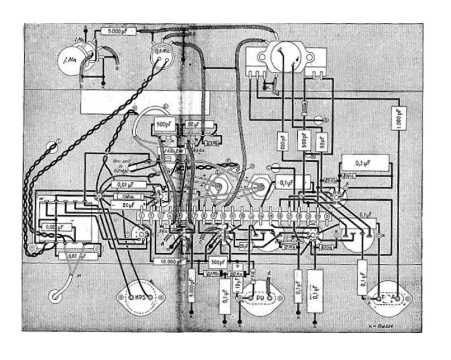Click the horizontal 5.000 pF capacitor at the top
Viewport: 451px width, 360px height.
[119, 31]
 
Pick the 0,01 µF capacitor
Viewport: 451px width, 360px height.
[128, 184]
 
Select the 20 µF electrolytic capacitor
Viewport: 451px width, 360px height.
[128, 205]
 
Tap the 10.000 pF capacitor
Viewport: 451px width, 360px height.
[170, 261]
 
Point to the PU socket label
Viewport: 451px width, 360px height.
[260, 297]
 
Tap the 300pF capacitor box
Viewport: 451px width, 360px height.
[219, 261]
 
